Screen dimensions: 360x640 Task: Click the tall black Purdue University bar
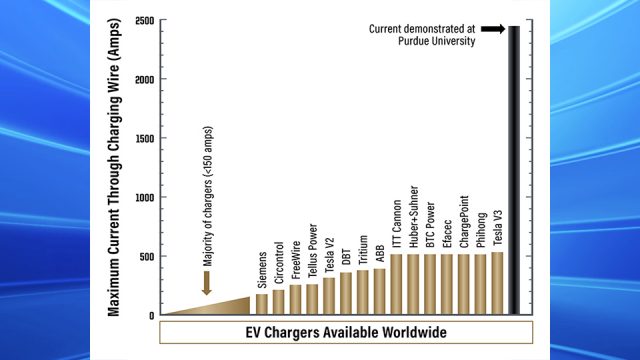515,170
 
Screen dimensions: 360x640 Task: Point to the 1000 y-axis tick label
144,197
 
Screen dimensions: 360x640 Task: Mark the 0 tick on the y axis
151,315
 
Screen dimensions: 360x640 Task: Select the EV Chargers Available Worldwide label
345,332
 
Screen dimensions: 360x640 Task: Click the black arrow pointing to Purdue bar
491,30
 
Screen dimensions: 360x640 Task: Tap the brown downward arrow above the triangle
206,286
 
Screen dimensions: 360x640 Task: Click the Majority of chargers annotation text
206,237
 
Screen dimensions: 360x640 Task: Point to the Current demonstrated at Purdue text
426,36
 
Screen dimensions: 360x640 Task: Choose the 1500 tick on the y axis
144,139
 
